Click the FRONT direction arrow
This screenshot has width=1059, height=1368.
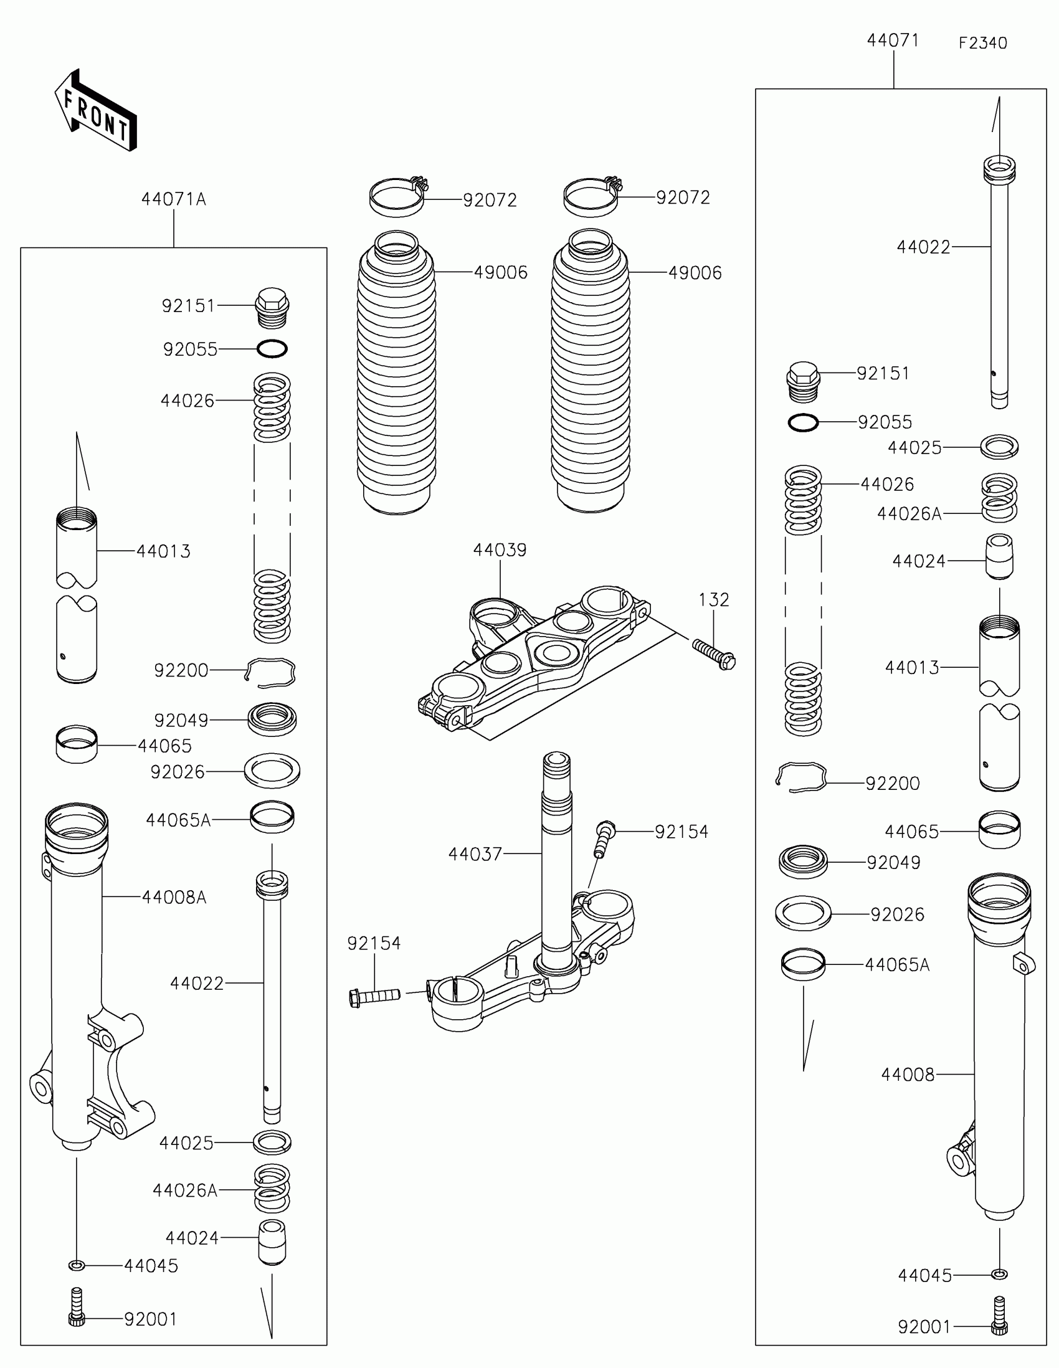point(95,110)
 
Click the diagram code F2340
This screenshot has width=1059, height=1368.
point(982,43)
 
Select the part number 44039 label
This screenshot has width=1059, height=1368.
point(500,550)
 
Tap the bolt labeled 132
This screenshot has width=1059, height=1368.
point(714,653)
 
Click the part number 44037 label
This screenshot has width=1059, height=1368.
point(475,854)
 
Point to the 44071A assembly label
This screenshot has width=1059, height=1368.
point(173,199)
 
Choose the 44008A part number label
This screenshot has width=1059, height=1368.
point(173,898)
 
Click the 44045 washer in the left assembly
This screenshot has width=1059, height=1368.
point(77,1266)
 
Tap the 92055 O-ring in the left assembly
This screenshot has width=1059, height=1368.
point(272,349)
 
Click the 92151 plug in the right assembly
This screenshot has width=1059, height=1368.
point(803,380)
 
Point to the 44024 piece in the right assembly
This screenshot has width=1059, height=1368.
point(999,556)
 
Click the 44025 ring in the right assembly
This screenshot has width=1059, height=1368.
point(999,447)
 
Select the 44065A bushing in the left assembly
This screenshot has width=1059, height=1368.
point(272,817)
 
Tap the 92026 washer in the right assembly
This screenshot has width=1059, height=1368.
point(803,914)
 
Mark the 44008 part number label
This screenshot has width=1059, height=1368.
point(908,1075)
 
